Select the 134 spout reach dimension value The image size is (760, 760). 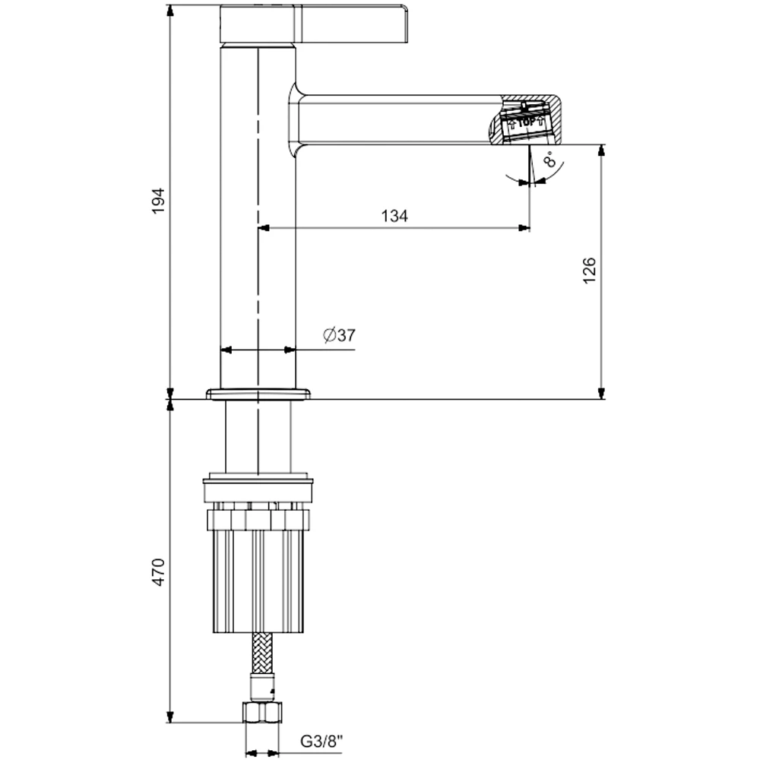[x=394, y=216]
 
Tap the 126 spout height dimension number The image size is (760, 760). [x=590, y=271]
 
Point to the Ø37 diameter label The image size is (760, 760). [x=339, y=335]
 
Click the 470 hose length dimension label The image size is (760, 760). [x=159, y=572]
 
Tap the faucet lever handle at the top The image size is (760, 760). [x=316, y=23]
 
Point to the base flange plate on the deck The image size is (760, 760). [x=258, y=393]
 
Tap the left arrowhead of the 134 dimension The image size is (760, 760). [x=264, y=227]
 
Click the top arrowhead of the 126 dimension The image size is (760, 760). [x=602, y=150]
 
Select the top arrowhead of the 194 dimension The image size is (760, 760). [x=169, y=9]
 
